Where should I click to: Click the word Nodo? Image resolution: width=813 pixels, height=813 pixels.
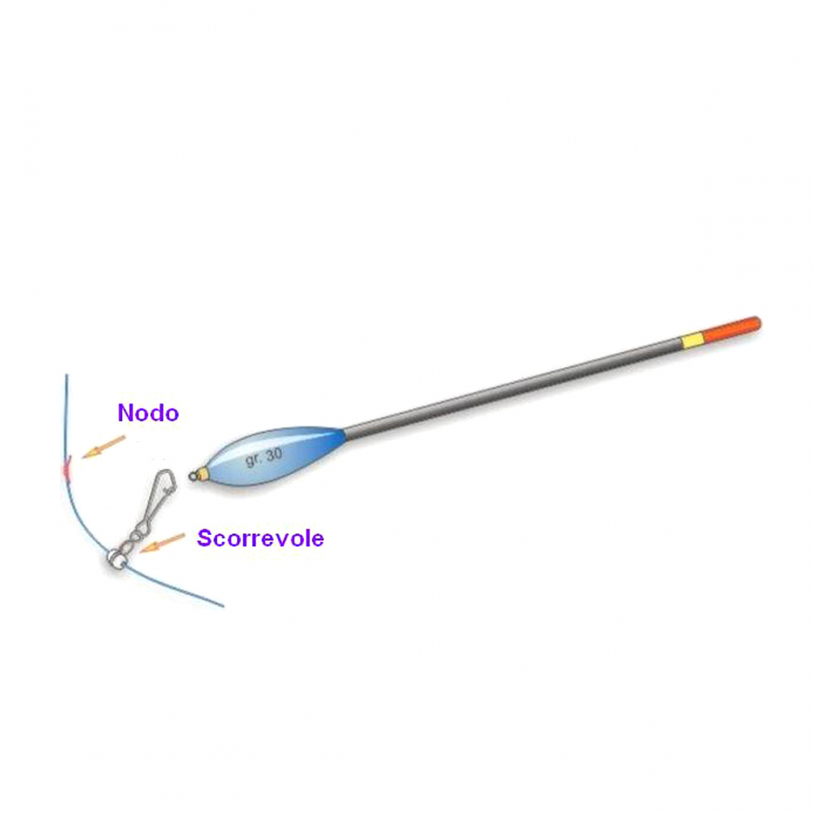[x=148, y=413]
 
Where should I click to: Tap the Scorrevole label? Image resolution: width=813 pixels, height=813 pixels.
[x=260, y=538]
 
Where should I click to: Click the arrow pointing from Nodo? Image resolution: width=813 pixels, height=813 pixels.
[x=103, y=446]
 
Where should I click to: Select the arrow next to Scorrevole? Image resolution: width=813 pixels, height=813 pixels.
[x=163, y=543]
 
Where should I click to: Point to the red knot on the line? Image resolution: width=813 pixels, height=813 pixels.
[x=66, y=470]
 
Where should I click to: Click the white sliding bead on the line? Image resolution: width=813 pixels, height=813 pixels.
[x=115, y=558]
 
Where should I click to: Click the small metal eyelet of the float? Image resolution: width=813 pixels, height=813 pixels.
[x=193, y=476]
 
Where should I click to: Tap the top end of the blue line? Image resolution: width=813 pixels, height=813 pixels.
[x=66, y=376]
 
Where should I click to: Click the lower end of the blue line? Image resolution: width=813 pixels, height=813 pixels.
[x=222, y=605]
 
